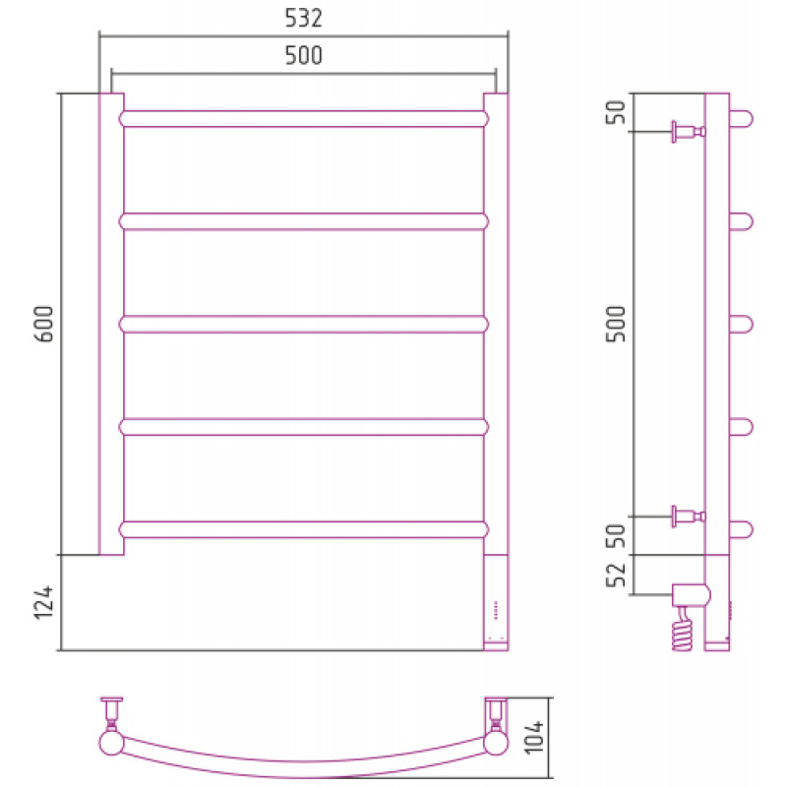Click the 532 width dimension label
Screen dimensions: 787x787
tap(303, 18)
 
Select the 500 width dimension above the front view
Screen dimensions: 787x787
tap(303, 55)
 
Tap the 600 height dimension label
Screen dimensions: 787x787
tap(44, 324)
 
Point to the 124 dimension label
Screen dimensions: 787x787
tap(44, 602)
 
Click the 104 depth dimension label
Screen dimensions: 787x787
tap(533, 737)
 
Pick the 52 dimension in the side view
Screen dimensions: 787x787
tap(617, 575)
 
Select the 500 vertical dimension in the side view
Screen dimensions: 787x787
tap(617, 324)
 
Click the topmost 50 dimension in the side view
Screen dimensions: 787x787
tap(617, 112)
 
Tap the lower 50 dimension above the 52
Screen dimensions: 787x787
tap(617, 535)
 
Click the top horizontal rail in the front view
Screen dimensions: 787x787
tap(304, 119)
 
